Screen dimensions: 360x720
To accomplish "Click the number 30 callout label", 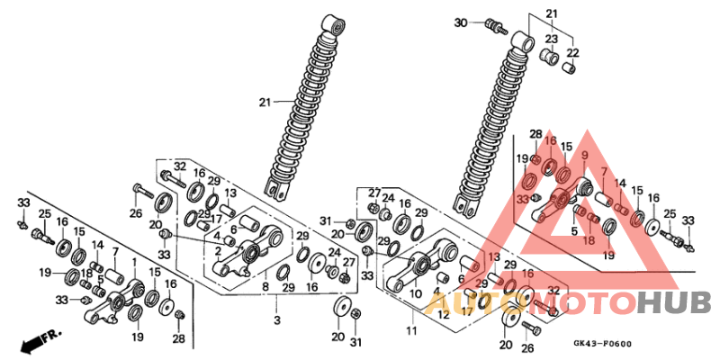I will pyautogui.click(x=460, y=22).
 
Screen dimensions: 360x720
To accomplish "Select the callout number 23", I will pyautogui.click(x=551, y=39).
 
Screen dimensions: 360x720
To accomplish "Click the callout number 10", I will pyautogui.click(x=415, y=294).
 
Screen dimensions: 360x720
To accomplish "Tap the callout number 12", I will pyautogui.click(x=443, y=316).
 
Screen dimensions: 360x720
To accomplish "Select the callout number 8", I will pyautogui.click(x=265, y=287).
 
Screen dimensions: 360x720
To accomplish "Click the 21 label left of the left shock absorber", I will pyautogui.click(x=264, y=103).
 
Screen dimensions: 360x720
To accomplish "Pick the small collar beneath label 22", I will pyautogui.click(x=569, y=68).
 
